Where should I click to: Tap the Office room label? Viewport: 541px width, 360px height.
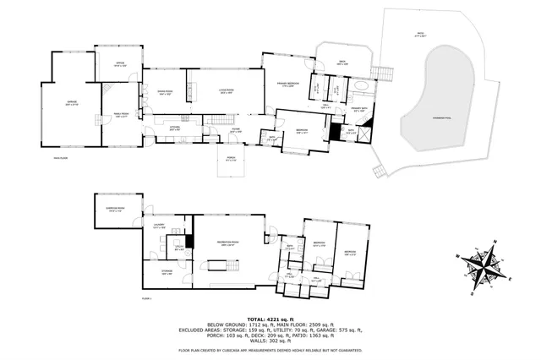(x=120, y=63)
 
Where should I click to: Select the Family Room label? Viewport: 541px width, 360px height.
(x=120, y=116)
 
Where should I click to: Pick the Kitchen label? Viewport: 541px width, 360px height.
(x=175, y=128)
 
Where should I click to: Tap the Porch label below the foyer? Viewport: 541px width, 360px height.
(x=231, y=159)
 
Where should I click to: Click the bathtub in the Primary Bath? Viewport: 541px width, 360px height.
(x=361, y=87)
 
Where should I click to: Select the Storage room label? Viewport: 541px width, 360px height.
(x=167, y=271)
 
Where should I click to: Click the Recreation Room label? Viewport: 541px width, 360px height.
(x=225, y=243)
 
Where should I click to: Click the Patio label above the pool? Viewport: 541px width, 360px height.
(x=419, y=35)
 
